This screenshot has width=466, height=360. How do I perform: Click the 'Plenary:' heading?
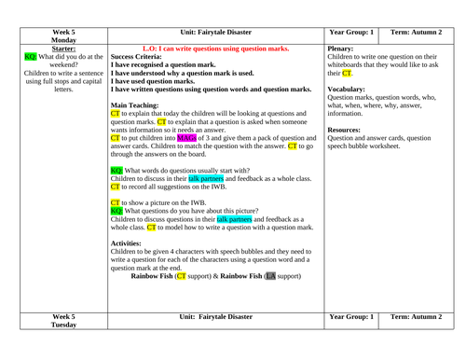point(347,43)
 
